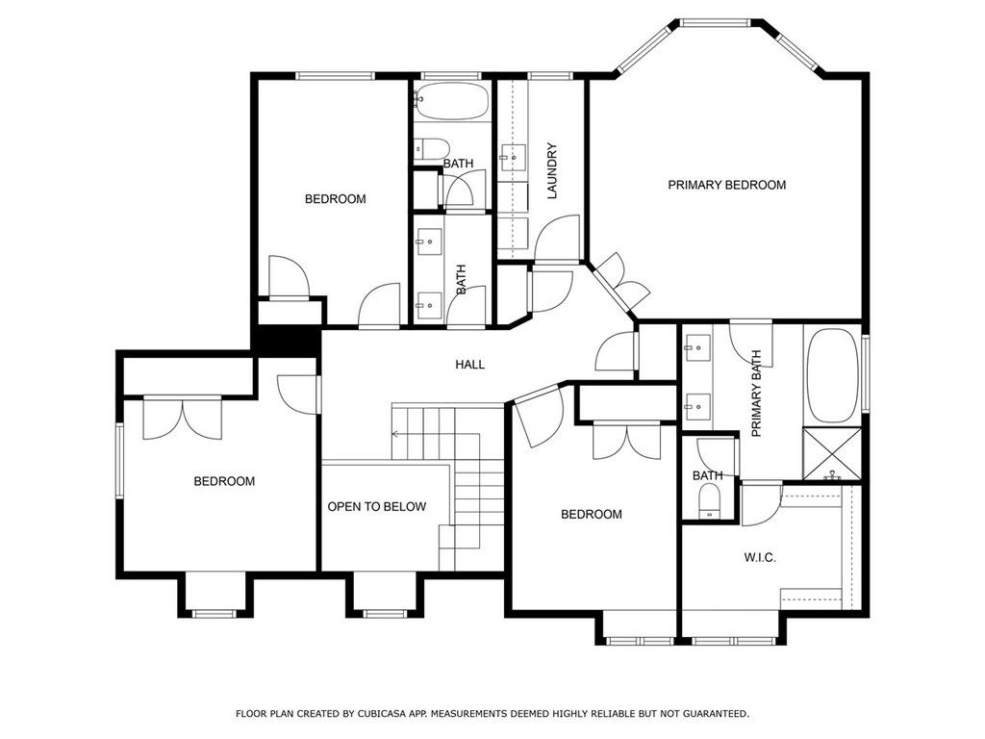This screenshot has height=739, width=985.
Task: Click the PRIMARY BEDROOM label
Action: click(x=727, y=185)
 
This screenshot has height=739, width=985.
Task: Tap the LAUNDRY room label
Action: click(x=552, y=171)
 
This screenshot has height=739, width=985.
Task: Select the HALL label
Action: click(x=469, y=365)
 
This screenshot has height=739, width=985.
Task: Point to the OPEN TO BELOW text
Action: click(x=377, y=506)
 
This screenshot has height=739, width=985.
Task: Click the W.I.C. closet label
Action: click(x=760, y=557)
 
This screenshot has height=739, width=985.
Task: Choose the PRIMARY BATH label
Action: click(x=756, y=394)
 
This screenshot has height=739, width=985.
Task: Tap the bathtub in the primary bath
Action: click(x=832, y=375)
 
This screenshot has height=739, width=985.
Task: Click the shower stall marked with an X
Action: click(x=832, y=454)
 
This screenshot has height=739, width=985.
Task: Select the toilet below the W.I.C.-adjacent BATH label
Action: click(x=711, y=500)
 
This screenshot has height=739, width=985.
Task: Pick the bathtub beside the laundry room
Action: click(x=451, y=100)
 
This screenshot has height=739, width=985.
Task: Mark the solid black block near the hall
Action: click(x=287, y=342)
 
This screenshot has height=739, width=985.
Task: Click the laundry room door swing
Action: click(x=557, y=239)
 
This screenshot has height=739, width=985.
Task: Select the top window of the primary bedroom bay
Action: click(x=716, y=23)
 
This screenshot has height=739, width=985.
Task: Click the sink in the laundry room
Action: click(x=513, y=154)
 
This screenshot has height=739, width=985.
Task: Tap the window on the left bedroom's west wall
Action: click(x=119, y=461)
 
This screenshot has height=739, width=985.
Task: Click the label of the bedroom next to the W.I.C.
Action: click(x=592, y=515)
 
